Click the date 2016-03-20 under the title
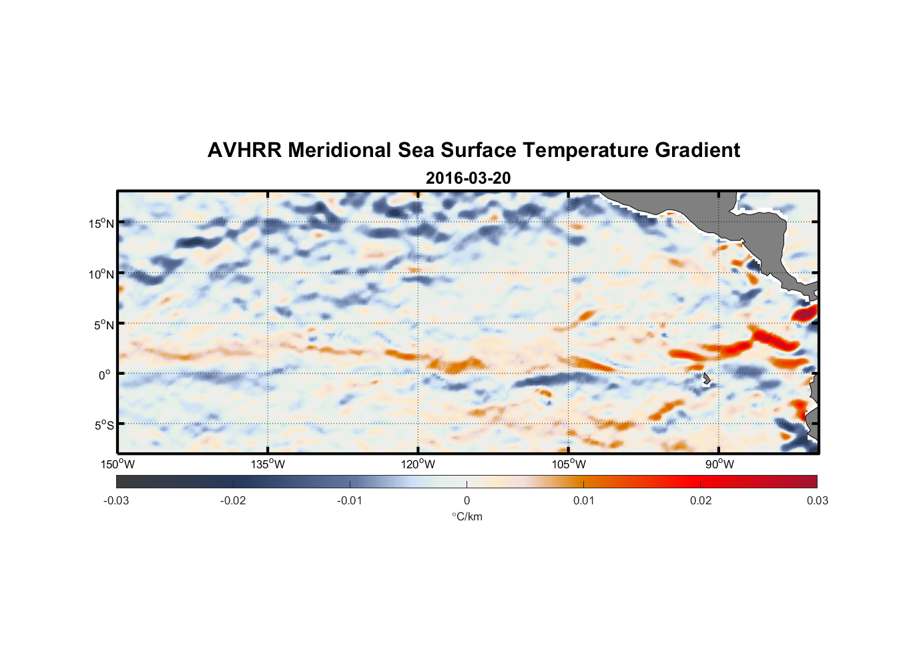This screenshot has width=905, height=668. pos(468,178)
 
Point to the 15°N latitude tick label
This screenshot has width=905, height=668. pos(101,223)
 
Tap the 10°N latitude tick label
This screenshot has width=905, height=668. pos(101,274)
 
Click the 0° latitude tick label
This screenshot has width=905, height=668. pos(105,375)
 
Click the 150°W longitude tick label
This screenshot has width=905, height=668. pos(117,464)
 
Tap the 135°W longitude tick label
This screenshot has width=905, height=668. pos(268,464)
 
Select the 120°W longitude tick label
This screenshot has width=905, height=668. pos(418,464)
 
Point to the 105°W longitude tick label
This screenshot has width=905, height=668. pos(569,464)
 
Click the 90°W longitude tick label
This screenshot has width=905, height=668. pos(719,464)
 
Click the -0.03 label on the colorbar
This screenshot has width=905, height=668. pos(116,501)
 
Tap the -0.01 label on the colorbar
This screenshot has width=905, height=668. pos(350,501)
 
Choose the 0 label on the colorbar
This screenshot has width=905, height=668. pos(467,501)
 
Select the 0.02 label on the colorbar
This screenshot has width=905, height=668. pos(701,501)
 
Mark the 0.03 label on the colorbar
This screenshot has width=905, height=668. pos(817,501)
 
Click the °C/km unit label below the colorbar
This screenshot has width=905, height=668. pos(467,516)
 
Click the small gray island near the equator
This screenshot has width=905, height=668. pos(706,379)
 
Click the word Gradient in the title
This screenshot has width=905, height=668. pos(697,150)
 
